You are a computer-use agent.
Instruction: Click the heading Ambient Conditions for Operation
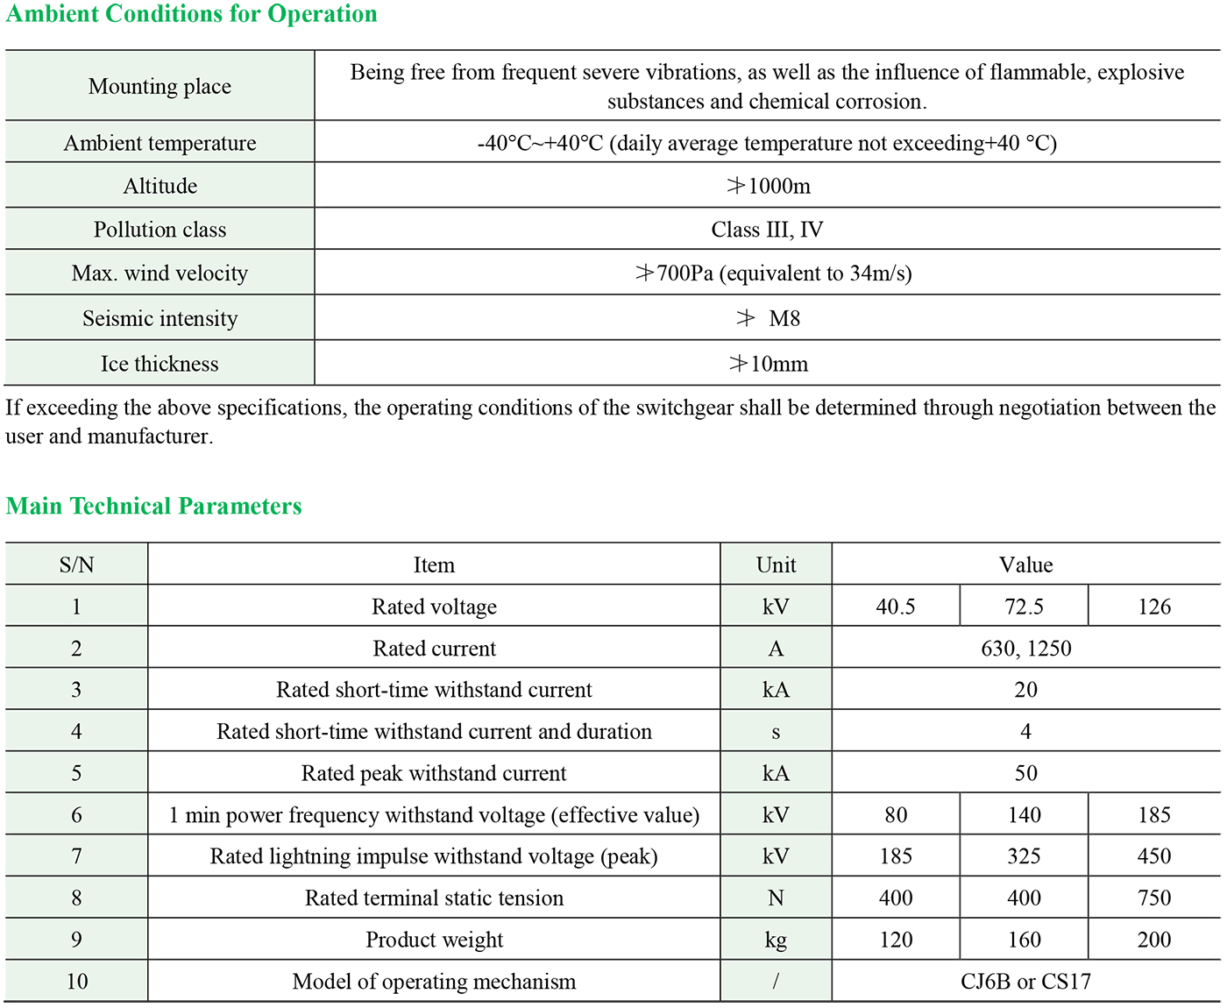click(x=191, y=15)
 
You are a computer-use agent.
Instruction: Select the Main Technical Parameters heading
click(x=153, y=506)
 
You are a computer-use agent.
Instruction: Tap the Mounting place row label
click(x=160, y=86)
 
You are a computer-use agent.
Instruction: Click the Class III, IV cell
click(x=767, y=230)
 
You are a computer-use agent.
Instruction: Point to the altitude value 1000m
click(x=769, y=186)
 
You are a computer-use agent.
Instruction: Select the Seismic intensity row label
click(x=160, y=318)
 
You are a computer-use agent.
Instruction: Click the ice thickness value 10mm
click(x=769, y=364)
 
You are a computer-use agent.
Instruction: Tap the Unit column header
click(x=776, y=565)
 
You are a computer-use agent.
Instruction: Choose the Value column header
click(x=1025, y=565)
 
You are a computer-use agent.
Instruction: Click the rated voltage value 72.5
click(x=1024, y=607)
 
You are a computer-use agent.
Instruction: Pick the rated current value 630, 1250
click(x=1025, y=649)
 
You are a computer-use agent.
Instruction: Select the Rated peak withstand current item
click(x=434, y=773)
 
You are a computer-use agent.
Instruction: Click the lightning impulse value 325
click(x=1024, y=856)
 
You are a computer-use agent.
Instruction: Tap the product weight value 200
click(x=1153, y=940)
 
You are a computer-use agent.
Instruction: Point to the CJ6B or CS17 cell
click(x=1025, y=982)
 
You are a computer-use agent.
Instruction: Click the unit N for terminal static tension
click(x=776, y=898)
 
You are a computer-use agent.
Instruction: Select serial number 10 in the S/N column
click(x=77, y=982)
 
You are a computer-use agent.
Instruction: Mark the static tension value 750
click(x=1153, y=898)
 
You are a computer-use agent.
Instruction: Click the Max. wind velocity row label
click(x=160, y=273)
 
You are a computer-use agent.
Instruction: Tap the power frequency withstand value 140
click(x=1024, y=815)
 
